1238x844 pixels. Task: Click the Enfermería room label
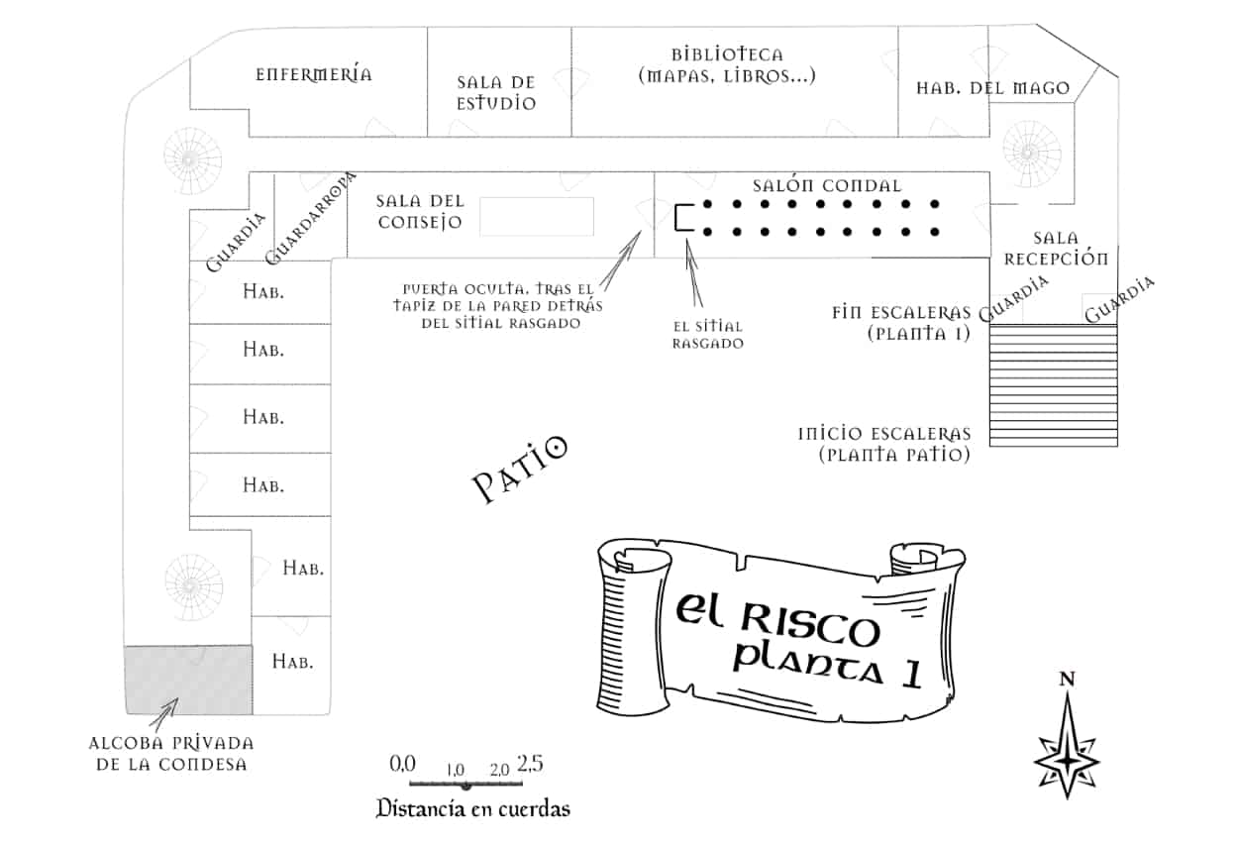coord(313,74)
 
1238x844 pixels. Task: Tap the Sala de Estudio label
coord(496,92)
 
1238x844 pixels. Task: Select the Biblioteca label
coord(727,64)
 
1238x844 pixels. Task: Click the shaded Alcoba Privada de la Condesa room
coord(188,679)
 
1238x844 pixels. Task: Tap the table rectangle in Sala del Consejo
coord(536,216)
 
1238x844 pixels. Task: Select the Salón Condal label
coord(827,186)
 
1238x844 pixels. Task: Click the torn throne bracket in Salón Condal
coord(681,218)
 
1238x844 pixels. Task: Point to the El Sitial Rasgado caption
coord(707,334)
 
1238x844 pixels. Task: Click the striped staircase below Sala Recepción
coord(1053,384)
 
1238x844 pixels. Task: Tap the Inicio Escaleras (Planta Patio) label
coord(883,445)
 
